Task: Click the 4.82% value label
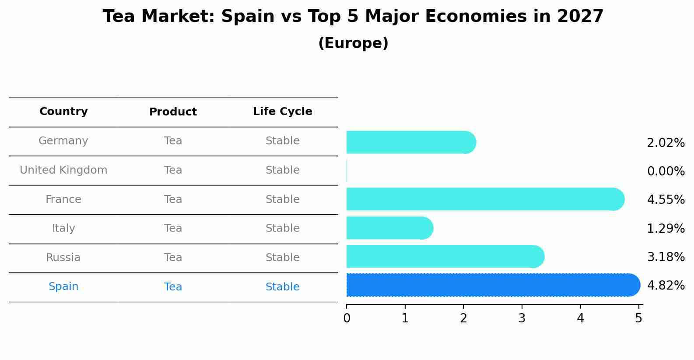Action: coord(666,286)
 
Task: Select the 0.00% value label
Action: coord(666,171)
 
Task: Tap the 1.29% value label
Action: coord(666,228)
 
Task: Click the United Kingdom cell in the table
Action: coord(63,170)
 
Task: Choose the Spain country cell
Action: coord(63,287)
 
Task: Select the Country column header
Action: coord(63,112)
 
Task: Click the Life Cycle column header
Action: coord(282,112)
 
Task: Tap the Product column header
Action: coord(173,112)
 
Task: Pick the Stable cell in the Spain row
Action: coord(282,287)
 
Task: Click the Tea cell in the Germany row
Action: coord(173,141)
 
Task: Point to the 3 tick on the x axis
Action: coord(522,318)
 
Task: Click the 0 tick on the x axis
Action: coord(347,318)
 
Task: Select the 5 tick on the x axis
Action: coord(638,318)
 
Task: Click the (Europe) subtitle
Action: coord(353,43)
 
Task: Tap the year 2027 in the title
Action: coord(580,17)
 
